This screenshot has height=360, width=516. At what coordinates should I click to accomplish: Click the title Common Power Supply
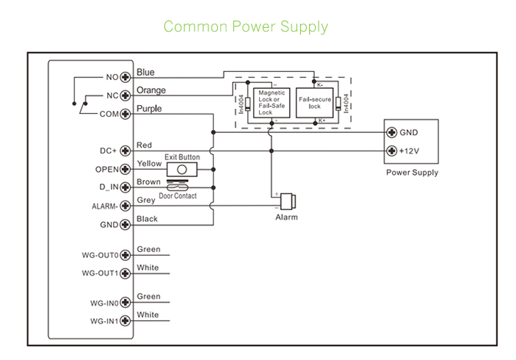click(245, 27)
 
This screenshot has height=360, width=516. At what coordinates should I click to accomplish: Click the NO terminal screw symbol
click(126, 76)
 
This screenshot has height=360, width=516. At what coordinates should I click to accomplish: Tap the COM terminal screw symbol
click(126, 114)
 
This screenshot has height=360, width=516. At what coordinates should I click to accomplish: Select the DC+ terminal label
click(109, 151)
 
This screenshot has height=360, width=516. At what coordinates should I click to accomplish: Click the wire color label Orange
click(151, 90)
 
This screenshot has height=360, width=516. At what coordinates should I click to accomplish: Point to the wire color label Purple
click(149, 109)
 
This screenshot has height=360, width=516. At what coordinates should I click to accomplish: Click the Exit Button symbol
click(182, 169)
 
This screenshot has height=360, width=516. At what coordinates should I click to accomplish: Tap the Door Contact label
click(178, 196)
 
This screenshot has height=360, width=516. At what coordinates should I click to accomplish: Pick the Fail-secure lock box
click(315, 103)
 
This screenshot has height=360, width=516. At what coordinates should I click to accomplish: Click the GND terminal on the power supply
click(391, 133)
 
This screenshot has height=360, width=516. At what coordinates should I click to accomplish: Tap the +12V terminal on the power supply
click(391, 151)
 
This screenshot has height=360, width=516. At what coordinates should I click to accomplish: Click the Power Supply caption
click(412, 173)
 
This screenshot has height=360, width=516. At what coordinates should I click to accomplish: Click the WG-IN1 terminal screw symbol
click(126, 321)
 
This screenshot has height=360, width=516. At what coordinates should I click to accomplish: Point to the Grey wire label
click(145, 201)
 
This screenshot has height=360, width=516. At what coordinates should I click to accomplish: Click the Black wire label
click(147, 219)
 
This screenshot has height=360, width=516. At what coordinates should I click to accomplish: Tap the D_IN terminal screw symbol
click(126, 188)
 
